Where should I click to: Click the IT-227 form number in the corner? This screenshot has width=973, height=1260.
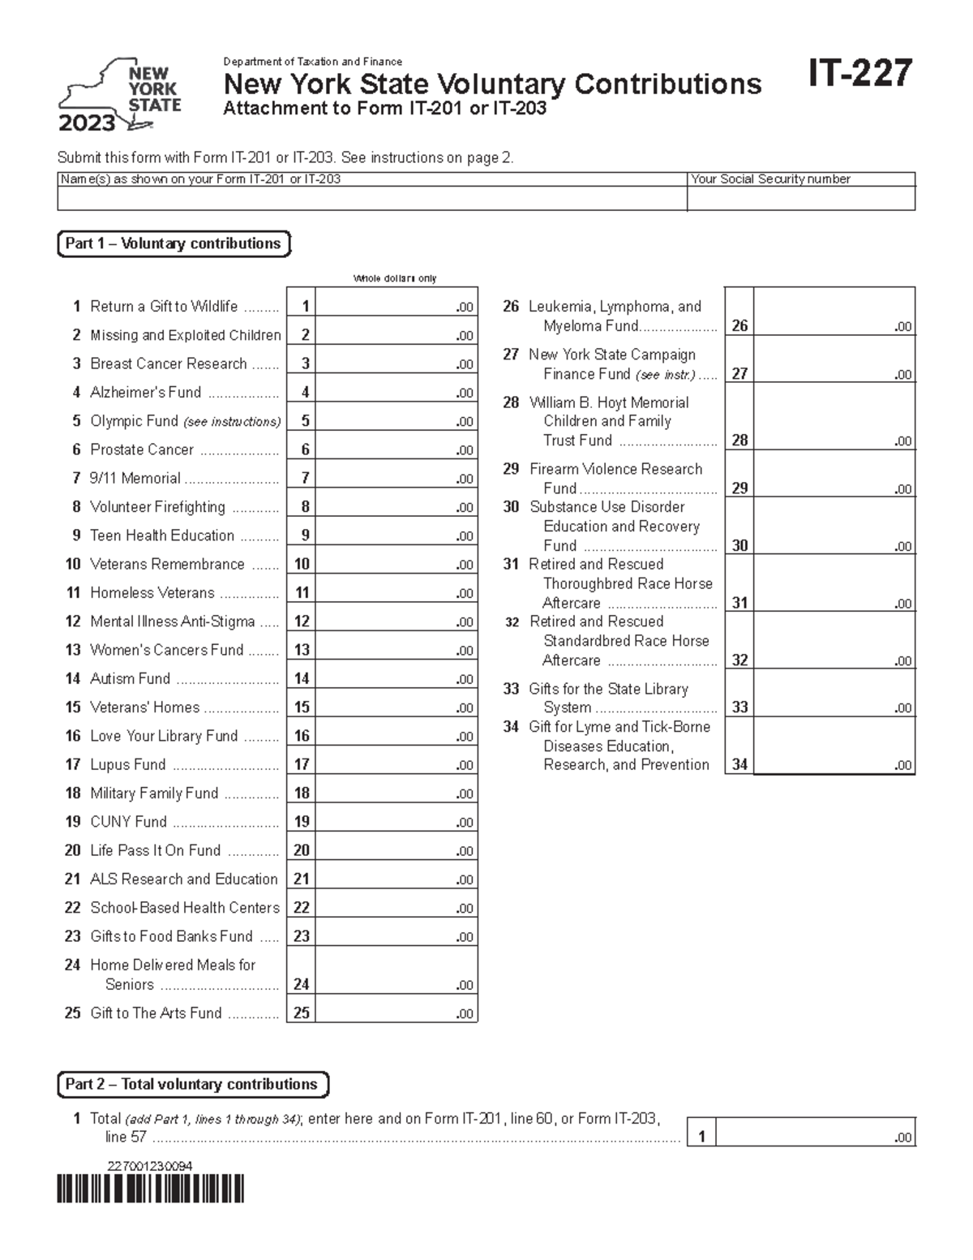pos(859,74)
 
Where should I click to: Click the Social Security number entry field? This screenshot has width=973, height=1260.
pos(800,199)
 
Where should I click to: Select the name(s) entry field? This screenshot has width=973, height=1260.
pos(371,199)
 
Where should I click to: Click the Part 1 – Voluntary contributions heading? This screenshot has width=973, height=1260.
pos(173,243)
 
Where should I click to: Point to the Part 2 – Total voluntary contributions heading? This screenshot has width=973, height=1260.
pos(192,1084)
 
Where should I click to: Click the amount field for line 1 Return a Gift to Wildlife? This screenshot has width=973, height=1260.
pos(395,306)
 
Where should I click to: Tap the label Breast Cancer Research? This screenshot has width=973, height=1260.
pos(168,363)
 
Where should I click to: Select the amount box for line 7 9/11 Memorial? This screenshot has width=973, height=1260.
pos(395,478)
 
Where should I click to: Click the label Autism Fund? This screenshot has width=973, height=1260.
pos(130,678)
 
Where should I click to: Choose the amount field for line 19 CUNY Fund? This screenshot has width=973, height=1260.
pos(395,821)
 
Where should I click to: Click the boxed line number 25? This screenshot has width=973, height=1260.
pos(301,1013)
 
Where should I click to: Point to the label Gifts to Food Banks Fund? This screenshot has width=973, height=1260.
pos(171,936)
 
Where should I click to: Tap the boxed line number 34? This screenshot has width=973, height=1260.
pos(739,764)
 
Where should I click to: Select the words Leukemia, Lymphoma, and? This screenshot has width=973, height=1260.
pos(615,307)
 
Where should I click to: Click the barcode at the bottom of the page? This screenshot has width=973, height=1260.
pos(151,1189)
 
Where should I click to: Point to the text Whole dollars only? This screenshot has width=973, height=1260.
pos(395,278)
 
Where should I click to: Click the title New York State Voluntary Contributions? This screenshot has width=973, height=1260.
pos(492,84)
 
